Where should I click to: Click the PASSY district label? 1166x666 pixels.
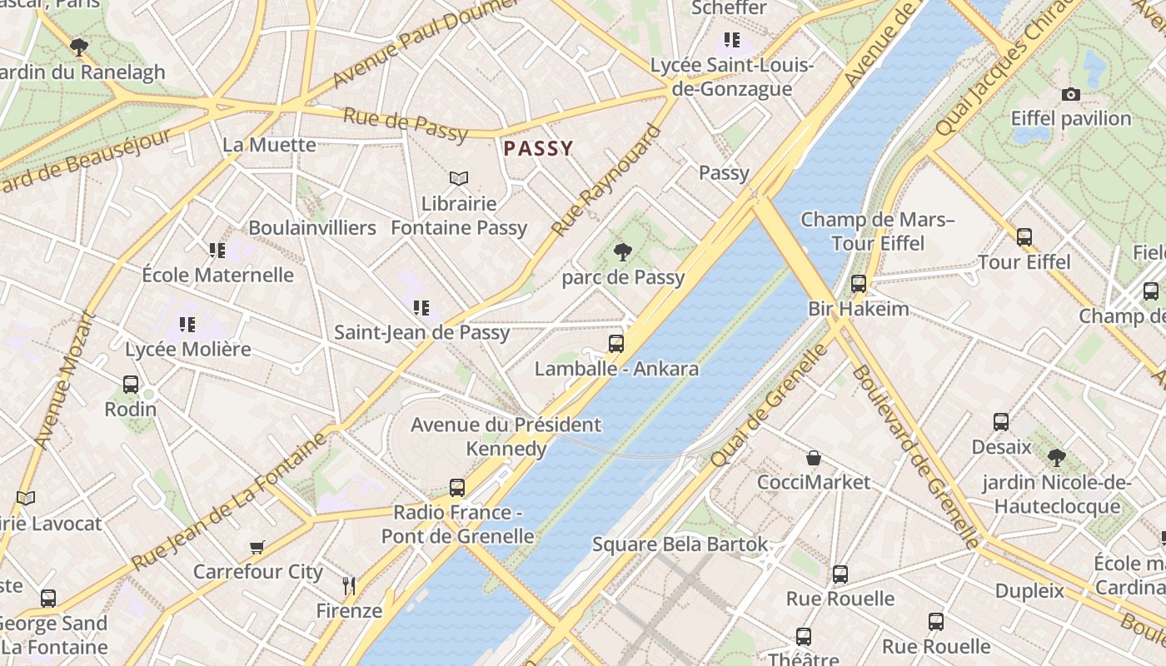[538, 149]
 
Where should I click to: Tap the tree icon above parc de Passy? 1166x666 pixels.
[622, 251]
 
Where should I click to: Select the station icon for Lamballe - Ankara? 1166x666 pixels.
[616, 343]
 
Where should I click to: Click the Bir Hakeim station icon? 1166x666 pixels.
[859, 284]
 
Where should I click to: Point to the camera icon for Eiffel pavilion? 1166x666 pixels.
[1071, 94]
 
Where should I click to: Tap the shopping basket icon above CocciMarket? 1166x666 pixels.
[814, 458]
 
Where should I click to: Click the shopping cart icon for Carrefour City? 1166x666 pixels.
[257, 547]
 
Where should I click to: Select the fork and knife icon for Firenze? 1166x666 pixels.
[349, 585]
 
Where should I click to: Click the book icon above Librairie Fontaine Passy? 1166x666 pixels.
[459, 178]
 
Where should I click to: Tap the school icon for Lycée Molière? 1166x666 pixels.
[187, 324]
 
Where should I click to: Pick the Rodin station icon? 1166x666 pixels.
[131, 385]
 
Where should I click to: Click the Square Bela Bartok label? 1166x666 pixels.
[680, 544]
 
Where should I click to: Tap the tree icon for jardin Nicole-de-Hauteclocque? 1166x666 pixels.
[1057, 457]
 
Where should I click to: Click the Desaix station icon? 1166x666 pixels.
[1001, 422]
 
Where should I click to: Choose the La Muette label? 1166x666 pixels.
[269, 145]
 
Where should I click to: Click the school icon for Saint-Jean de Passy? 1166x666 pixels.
[421, 308]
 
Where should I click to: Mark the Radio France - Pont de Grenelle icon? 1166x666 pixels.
[457, 488]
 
